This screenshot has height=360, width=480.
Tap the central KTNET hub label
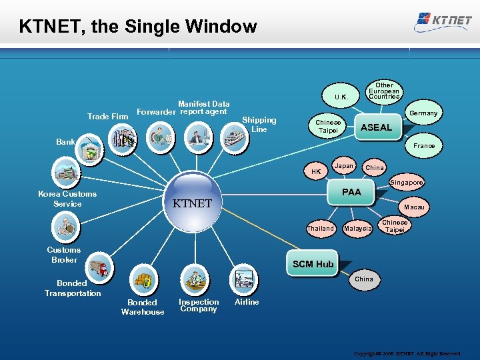(x=192, y=203)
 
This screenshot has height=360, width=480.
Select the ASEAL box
(x=376, y=127)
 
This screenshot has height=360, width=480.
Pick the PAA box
(x=351, y=192)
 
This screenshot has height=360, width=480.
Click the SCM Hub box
(x=313, y=264)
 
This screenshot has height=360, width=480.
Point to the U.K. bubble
(x=341, y=97)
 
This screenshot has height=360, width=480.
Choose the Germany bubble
(x=423, y=113)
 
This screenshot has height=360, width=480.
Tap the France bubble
(x=424, y=145)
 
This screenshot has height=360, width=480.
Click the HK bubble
(x=316, y=171)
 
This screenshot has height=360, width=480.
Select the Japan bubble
(x=344, y=166)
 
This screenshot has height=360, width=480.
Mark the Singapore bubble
(x=407, y=182)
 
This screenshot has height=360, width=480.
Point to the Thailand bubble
(x=320, y=228)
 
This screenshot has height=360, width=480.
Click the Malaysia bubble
(x=358, y=229)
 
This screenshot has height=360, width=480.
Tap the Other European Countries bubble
(x=385, y=91)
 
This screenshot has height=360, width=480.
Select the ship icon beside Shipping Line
(x=235, y=137)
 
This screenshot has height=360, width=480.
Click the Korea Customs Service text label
(x=67, y=199)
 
